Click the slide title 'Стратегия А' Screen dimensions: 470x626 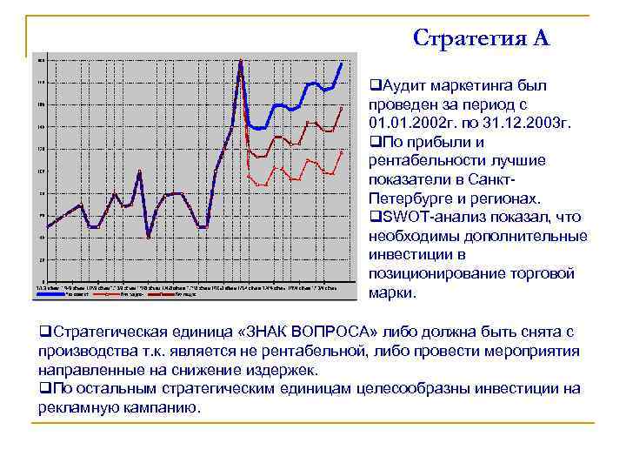pos(481,37)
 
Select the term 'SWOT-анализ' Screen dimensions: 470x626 pos(423,217)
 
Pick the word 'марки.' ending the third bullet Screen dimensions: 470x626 pos(392,292)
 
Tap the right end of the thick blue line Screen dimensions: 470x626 pos(342,64)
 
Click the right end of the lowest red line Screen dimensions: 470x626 pos(342,151)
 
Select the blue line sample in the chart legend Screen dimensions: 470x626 pos(50,294)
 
